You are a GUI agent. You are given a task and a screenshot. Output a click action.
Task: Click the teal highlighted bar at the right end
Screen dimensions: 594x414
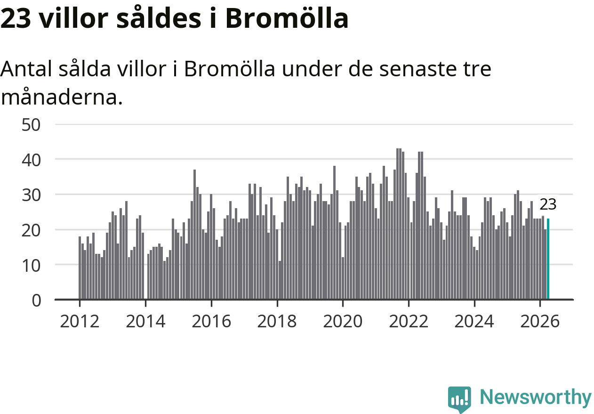click(548, 259)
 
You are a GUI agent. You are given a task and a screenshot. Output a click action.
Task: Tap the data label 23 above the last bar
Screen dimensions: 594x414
click(548, 204)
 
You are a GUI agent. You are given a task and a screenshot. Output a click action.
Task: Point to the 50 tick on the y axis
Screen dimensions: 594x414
click(31, 125)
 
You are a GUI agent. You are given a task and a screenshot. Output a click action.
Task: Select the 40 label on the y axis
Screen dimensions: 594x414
click(31, 160)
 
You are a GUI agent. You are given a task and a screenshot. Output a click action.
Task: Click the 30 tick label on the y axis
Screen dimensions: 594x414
click(31, 195)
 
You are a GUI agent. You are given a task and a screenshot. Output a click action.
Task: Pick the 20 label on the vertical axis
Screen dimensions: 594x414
click(31, 231)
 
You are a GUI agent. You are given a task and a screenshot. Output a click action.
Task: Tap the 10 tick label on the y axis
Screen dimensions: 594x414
click(31, 266)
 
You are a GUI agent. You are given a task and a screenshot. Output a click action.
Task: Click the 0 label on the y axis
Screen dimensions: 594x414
click(36, 300)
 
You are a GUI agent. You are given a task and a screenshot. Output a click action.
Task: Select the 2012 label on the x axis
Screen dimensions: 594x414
click(80, 321)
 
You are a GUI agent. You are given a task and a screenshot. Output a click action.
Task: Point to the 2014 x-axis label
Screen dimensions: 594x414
click(145, 321)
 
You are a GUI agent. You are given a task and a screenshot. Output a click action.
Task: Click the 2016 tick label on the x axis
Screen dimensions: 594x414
click(211, 321)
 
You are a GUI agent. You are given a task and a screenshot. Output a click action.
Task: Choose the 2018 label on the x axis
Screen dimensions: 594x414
click(277, 321)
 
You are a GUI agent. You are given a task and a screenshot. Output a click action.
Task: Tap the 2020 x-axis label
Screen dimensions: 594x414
click(343, 321)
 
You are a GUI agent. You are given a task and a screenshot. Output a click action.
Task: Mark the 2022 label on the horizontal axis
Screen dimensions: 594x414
click(409, 321)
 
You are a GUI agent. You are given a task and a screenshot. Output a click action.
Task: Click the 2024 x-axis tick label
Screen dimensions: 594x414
click(474, 321)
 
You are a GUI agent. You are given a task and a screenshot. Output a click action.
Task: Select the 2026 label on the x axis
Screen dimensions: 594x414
click(540, 321)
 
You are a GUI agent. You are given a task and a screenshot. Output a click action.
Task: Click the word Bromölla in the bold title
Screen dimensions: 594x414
click(287, 17)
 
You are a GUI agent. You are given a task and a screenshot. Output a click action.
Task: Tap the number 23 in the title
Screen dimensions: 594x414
click(16, 18)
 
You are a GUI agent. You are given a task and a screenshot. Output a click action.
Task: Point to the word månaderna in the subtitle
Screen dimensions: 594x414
click(62, 97)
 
